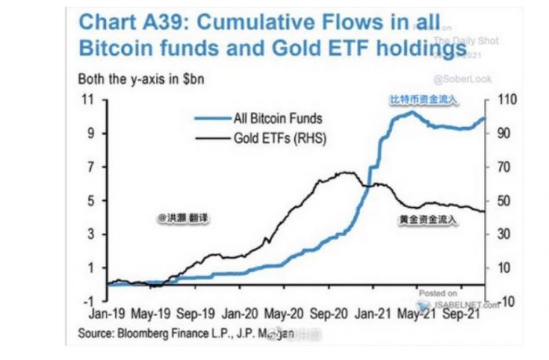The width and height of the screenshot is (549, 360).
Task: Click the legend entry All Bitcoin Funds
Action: pos(278,119)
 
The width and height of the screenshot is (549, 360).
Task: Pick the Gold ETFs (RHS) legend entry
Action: pos(279,140)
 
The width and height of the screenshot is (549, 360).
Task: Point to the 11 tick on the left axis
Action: pos(89,100)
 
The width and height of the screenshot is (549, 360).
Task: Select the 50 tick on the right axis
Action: pos(500,201)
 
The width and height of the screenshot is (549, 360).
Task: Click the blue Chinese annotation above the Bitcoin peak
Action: pos(424,99)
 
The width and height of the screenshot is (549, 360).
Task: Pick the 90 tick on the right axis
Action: pos(500,133)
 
